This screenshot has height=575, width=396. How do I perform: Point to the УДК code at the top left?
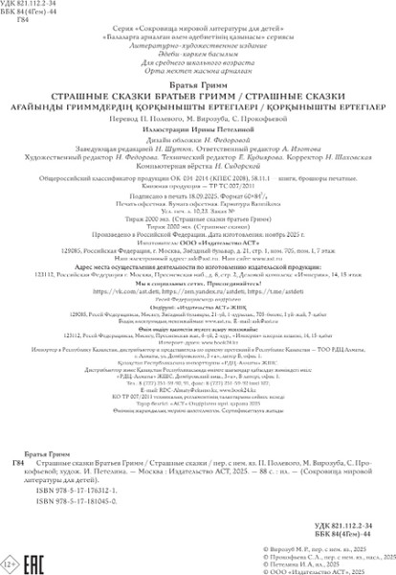[x=29, y=6]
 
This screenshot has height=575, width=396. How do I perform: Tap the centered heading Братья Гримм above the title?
[x=198, y=84]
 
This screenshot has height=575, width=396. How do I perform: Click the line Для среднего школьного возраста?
[x=198, y=64]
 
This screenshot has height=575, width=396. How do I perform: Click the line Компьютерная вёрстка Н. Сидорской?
[x=198, y=165]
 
